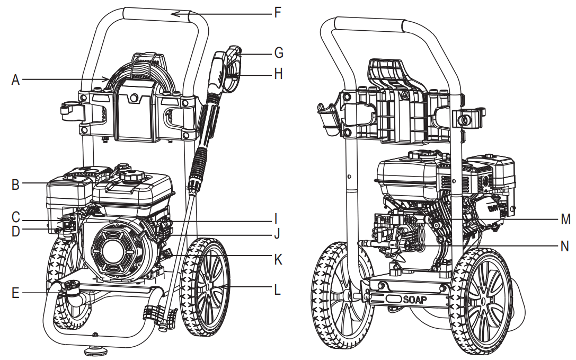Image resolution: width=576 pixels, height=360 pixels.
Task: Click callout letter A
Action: pos(15,80)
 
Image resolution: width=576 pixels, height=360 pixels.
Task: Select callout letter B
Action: pos(15,185)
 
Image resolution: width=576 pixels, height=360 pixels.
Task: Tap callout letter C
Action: pos(15,217)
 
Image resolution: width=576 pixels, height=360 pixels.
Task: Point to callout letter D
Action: pos(15,232)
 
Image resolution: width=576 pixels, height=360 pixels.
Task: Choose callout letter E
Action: pos(15,292)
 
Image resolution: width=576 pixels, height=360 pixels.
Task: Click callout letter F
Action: pos(278,12)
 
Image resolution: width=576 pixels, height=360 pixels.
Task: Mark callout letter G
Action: pos(278,53)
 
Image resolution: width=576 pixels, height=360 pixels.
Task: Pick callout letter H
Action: pos(278,74)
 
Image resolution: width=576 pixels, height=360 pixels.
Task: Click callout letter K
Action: pos(278,260)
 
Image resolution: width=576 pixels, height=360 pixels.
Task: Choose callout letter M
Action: pos(565,218)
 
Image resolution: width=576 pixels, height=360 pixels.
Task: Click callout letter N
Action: pos(565,245)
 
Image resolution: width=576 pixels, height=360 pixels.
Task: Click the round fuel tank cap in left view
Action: pos(129,175)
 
